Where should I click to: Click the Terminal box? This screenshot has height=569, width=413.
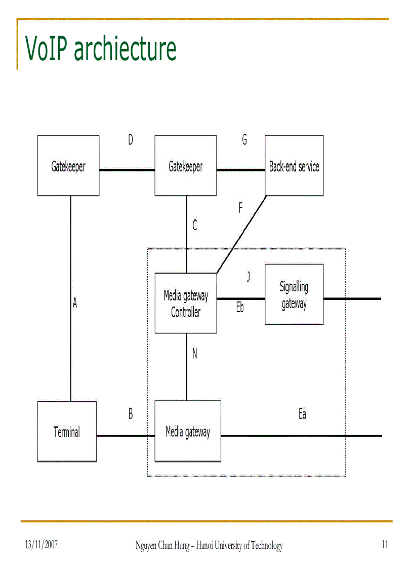67,432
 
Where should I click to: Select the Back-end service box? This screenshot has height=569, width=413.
294,166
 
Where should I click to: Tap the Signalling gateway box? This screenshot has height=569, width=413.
294,294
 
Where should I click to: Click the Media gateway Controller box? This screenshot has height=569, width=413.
186,303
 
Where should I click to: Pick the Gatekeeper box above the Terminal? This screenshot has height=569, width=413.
68,166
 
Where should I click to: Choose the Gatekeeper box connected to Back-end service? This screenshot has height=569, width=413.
186,166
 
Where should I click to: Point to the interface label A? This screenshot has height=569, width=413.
75,303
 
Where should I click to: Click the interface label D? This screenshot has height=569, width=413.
131,140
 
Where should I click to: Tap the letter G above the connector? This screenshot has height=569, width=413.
244,140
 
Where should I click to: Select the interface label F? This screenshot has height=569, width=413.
241,208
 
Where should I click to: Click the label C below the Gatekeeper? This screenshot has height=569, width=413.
195,225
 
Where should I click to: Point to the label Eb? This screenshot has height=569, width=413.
240,307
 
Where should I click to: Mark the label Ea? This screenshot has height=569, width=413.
302,414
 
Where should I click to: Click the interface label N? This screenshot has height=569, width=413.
195,354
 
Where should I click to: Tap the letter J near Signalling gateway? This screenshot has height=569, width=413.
248,277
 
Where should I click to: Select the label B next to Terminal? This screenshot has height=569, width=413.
131,414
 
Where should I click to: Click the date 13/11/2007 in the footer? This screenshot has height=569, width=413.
42,545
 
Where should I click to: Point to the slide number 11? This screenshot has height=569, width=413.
385,545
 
